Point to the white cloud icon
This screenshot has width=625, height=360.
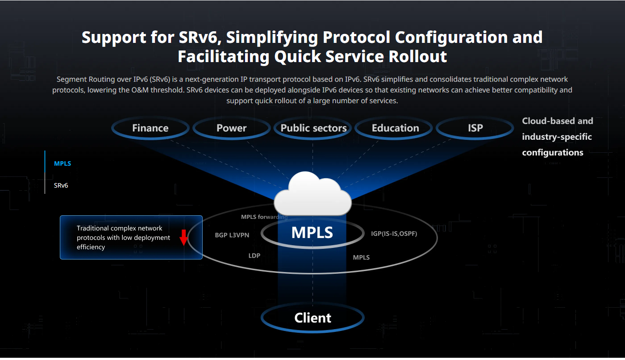point(313,194)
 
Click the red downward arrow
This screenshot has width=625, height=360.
point(183,238)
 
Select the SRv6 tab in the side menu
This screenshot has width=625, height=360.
point(61,185)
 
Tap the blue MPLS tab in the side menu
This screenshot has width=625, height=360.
point(62,163)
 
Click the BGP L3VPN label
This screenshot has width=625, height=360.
point(232,235)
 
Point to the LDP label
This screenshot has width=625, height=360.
point(254,255)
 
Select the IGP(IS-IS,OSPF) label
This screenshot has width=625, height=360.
point(394,234)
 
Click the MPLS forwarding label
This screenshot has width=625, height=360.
point(264,217)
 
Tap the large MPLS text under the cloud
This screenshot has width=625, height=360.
point(312,232)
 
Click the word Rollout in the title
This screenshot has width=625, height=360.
point(418,56)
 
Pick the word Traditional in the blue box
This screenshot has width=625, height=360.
point(93,228)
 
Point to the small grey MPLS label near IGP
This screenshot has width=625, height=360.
point(361,257)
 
